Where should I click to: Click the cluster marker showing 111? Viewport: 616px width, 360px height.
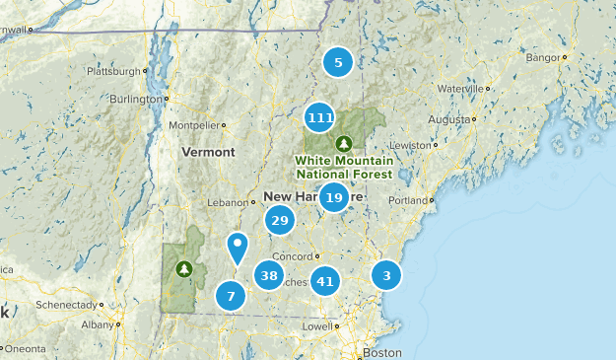click(x=319, y=118)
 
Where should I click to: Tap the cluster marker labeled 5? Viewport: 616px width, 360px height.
click(x=338, y=63)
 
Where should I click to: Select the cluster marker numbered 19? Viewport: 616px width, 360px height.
click(x=334, y=198)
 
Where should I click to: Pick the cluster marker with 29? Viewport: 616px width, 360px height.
click(x=280, y=220)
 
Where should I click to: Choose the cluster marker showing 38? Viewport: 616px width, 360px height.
click(x=269, y=275)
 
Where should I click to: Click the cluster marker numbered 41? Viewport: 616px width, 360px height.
click(x=325, y=281)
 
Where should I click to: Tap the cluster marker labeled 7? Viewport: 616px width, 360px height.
click(x=231, y=295)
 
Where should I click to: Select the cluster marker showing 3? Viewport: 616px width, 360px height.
click(x=387, y=275)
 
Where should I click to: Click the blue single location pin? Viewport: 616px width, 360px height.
click(x=237, y=245)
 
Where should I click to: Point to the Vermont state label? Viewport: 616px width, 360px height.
click(x=208, y=153)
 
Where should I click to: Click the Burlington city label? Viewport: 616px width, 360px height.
click(x=134, y=100)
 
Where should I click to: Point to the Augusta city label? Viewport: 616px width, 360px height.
click(x=449, y=119)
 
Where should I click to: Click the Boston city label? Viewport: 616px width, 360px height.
click(x=382, y=352)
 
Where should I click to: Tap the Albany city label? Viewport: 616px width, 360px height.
click(x=98, y=324)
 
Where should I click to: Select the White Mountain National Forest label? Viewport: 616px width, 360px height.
click(x=344, y=167)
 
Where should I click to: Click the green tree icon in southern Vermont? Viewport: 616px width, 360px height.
click(x=184, y=267)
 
